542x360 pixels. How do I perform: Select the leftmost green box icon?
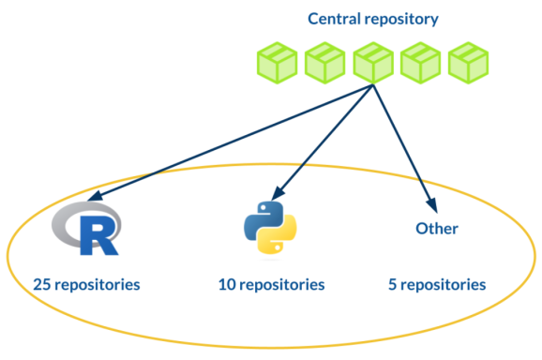pos(277,62)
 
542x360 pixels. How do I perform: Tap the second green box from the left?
pos(324,62)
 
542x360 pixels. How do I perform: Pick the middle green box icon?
pos(372,62)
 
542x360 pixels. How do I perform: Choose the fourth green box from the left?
pos(420,62)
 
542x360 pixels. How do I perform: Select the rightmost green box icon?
pos(468,62)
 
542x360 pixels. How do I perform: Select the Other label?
pos(436,228)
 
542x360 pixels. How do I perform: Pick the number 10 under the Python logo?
pos(227,283)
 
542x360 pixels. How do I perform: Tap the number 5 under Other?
pos(392,283)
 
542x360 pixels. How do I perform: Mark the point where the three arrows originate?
pos(373,86)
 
